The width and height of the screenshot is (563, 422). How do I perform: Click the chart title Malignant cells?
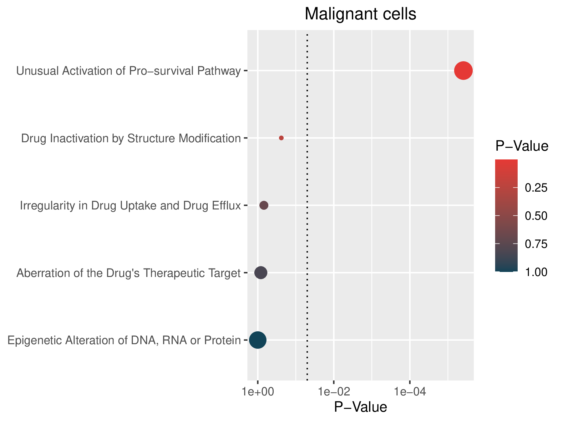(x=360, y=14)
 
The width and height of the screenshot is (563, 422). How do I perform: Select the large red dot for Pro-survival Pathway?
(x=463, y=71)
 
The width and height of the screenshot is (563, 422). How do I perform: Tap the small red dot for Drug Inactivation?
(x=281, y=138)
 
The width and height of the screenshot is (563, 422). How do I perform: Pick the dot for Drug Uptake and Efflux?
(x=264, y=205)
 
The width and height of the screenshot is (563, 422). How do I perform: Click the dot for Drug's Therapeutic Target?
(x=261, y=273)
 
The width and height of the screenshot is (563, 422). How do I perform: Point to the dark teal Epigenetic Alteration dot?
(x=258, y=340)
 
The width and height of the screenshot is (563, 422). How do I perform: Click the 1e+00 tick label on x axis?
(x=257, y=392)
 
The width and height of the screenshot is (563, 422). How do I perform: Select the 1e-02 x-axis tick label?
(x=334, y=392)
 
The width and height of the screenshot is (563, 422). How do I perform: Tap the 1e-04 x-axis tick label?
(x=410, y=392)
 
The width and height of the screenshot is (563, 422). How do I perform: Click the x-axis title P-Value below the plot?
(x=360, y=407)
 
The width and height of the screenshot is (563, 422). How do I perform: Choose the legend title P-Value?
(x=522, y=146)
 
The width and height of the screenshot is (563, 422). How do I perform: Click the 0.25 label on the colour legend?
(x=536, y=188)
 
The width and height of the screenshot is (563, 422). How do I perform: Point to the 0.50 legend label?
(x=536, y=216)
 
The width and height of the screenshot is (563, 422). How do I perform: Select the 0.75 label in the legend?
(x=536, y=244)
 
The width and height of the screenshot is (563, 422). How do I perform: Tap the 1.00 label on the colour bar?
(x=536, y=272)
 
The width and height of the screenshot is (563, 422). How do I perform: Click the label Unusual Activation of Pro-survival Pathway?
(x=129, y=71)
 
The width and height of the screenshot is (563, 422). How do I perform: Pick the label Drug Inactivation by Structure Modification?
(x=131, y=138)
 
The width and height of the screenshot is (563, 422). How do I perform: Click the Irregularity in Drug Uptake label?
(x=130, y=205)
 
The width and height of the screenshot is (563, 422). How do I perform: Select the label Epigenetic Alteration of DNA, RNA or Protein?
(x=124, y=340)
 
